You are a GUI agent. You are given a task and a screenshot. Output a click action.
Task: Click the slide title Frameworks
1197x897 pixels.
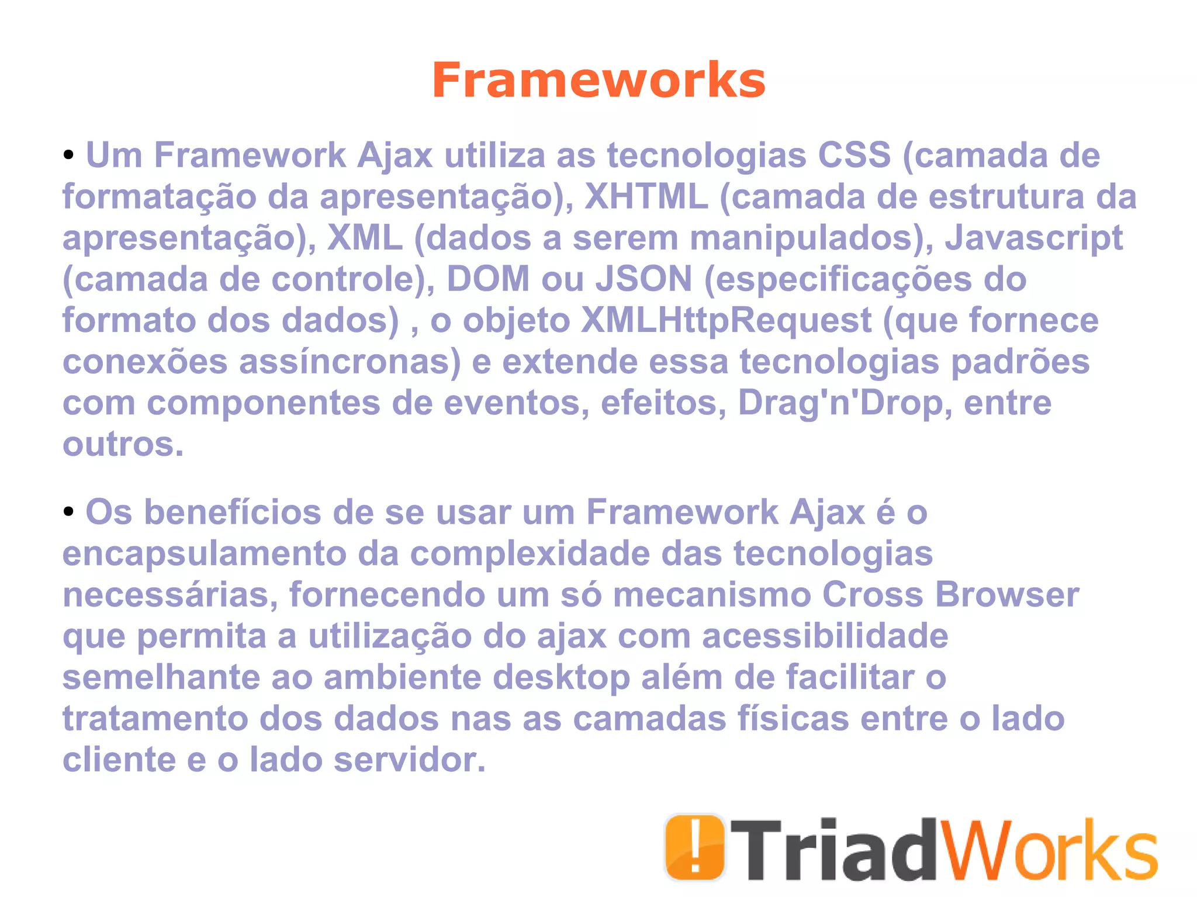[598, 80]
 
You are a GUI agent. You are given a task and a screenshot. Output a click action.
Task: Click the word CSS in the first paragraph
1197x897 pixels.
[854, 155]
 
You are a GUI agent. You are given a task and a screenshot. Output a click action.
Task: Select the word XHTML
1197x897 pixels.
[646, 196]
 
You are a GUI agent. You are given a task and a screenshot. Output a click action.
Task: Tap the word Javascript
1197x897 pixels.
[1034, 238]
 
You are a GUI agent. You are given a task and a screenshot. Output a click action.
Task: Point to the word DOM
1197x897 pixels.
[488, 279]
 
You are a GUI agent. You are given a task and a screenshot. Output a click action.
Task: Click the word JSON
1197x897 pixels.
[644, 279]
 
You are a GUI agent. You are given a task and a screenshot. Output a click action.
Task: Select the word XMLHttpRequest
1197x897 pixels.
[726, 320]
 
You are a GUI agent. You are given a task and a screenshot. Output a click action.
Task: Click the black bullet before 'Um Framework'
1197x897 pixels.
[69, 155]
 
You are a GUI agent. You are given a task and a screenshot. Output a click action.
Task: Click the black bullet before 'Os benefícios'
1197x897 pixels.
[69, 512]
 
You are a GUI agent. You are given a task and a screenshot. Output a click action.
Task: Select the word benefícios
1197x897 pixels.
[232, 512]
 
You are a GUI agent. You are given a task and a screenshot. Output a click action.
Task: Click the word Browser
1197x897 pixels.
[1006, 595]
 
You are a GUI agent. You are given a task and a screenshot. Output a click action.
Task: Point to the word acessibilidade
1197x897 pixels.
[825, 636]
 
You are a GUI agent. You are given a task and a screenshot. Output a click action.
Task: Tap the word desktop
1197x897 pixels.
[561, 677]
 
